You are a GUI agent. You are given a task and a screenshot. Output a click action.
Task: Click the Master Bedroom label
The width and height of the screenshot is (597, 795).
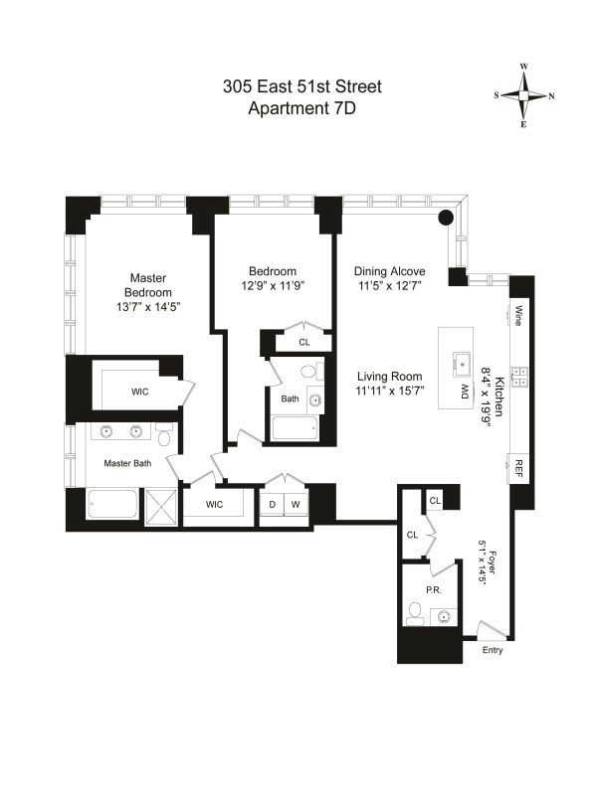pyautogui.click(x=148, y=285)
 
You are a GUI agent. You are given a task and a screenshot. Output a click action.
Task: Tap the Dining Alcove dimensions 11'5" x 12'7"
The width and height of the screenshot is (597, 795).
pyautogui.click(x=389, y=286)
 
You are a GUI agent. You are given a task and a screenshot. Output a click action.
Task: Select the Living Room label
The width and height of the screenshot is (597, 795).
pyautogui.click(x=389, y=377)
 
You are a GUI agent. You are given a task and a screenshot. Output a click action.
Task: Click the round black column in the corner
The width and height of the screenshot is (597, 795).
pyautogui.click(x=445, y=218)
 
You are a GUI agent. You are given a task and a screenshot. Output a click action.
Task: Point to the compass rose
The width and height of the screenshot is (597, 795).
pyautogui.click(x=524, y=95)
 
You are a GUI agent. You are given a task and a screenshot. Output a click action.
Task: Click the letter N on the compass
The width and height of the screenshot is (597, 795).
pyautogui.click(x=551, y=96)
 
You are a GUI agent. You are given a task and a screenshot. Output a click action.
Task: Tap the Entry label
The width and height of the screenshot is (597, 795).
pyautogui.click(x=493, y=650)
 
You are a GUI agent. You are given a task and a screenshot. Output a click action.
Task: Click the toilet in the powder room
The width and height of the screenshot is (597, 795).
pyautogui.click(x=416, y=613)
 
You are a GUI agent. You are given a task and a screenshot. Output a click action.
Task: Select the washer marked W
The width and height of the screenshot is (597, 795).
pyautogui.click(x=296, y=504)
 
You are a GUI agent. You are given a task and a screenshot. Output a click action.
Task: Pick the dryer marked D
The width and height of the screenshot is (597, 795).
pyautogui.click(x=272, y=504)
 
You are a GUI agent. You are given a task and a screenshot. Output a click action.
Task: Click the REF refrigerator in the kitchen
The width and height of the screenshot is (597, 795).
pyautogui.click(x=518, y=468)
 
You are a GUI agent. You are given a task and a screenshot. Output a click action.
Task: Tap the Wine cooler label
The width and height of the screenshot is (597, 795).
pyautogui.click(x=518, y=315)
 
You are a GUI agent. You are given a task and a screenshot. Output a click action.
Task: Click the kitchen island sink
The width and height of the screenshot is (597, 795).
pyautogui.click(x=462, y=364)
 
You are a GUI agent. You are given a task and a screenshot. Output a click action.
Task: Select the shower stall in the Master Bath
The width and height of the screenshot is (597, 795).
pyautogui.click(x=161, y=505)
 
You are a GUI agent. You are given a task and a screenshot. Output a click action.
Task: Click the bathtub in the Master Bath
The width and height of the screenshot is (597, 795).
pyautogui.click(x=112, y=504)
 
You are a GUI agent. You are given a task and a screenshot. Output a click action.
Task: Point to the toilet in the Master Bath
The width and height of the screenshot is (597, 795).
pyautogui.click(x=165, y=435)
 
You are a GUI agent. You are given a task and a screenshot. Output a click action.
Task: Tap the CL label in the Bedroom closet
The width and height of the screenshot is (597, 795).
pyautogui.click(x=304, y=342)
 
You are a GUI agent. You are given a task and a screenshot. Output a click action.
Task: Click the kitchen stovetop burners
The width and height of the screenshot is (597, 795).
pyautogui.click(x=519, y=377)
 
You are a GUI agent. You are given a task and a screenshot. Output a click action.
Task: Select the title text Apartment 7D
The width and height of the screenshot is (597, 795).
pyautogui.click(x=302, y=108)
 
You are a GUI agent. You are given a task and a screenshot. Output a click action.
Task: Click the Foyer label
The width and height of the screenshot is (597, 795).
pyautogui.click(x=492, y=561)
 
